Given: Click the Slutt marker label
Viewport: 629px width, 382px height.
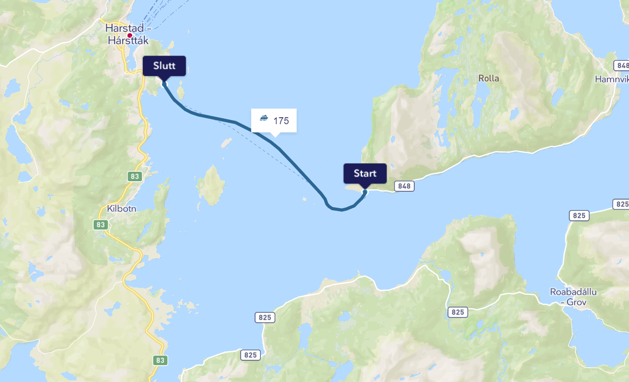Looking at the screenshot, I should pyautogui.click(x=164, y=66).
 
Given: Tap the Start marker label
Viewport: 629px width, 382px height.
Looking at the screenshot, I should pyautogui.click(x=365, y=173).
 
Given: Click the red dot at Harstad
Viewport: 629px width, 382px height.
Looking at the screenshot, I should pyautogui.click(x=130, y=35).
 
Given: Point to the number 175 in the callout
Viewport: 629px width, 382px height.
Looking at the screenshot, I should pyautogui.click(x=281, y=121).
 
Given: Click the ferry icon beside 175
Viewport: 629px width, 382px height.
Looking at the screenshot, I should pyautogui.click(x=264, y=118).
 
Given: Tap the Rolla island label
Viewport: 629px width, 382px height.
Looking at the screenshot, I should pyautogui.click(x=488, y=78).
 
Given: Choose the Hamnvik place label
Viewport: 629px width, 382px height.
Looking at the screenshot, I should pyautogui.click(x=612, y=79).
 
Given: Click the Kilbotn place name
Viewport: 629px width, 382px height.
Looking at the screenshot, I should pyautogui.click(x=122, y=208).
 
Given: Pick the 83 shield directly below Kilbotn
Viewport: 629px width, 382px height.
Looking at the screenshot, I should pyautogui.click(x=101, y=225).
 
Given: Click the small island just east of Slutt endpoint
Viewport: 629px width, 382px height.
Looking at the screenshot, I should pyautogui.click(x=180, y=94).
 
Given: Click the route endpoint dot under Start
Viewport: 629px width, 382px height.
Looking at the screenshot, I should pyautogui.click(x=365, y=192).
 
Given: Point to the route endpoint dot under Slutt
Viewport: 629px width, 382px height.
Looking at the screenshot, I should pyautogui.click(x=164, y=83).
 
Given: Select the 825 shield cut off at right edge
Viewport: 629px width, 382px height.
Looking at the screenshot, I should pyautogui.click(x=622, y=204).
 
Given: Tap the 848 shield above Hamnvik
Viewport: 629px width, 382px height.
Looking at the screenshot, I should pyautogui.click(x=623, y=66).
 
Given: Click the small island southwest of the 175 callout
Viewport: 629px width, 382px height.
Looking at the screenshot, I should pyautogui.click(x=226, y=143).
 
